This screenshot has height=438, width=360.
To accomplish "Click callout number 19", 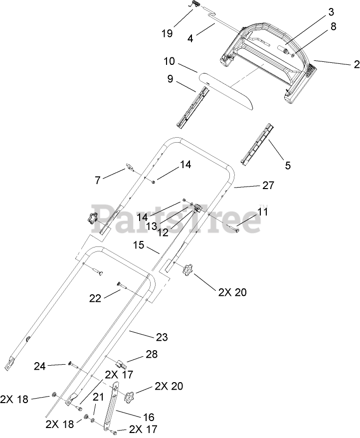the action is tap(167, 33).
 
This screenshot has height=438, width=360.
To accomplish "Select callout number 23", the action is tap(161, 337).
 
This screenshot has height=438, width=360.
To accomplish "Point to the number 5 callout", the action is tap(287, 166).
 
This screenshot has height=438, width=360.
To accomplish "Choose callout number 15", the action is tap(139, 245).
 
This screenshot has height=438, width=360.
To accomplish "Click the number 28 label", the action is tap(152, 355).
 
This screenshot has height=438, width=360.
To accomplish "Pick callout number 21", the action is tap(98, 397).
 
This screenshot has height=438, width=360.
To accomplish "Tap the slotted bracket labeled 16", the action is tap(112, 404).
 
